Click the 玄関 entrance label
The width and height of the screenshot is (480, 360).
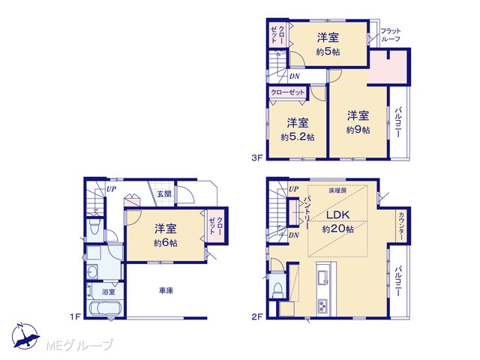[x=164, y=193]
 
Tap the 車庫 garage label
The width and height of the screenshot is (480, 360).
[x=166, y=290]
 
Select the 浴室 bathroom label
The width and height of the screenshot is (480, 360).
[x=108, y=292]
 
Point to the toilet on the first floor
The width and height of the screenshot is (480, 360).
[x=94, y=226]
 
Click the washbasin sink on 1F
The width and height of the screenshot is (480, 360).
[x=91, y=271]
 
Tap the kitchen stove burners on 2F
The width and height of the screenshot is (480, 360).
[x=322, y=306]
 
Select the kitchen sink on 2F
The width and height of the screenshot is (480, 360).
[x=323, y=277]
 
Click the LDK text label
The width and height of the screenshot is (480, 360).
[x=338, y=214]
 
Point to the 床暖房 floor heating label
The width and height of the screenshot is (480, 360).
[x=337, y=190]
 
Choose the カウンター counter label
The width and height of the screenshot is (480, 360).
[x=401, y=226]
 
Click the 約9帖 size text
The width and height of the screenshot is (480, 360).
[x=358, y=130]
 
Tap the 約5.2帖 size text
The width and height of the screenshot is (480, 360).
[x=298, y=136]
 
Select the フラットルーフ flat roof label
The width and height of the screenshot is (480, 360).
[x=391, y=35]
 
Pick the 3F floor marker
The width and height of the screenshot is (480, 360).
[x=257, y=157]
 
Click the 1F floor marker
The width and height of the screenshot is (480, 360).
[x=75, y=316]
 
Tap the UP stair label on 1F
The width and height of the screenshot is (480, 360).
[x=111, y=189]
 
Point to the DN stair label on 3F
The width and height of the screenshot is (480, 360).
[x=294, y=76]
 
